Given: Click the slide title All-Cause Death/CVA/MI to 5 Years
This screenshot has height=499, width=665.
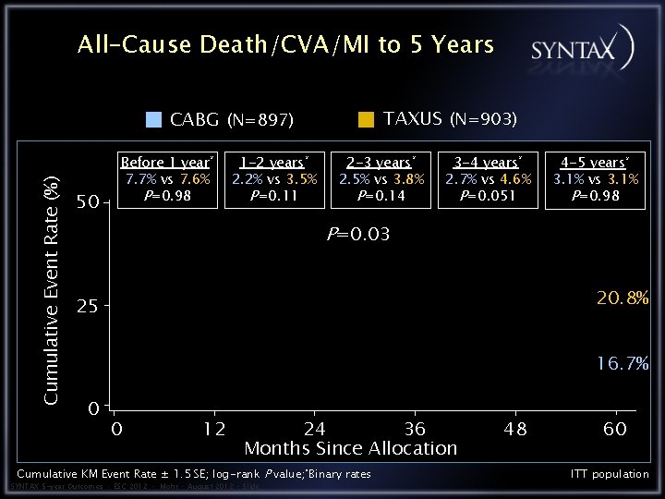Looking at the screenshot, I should coord(285,44).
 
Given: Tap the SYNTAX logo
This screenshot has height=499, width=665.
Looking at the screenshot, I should coord(581,47).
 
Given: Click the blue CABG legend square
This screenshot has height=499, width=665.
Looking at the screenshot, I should coord(155,119).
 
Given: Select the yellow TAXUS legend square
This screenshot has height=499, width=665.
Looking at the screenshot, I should coord(367,118).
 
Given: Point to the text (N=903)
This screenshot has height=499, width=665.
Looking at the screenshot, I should coord(483,118).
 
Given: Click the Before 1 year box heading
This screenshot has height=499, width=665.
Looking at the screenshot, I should coord(167,163).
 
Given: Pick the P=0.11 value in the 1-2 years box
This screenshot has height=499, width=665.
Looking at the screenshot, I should coord(274,196).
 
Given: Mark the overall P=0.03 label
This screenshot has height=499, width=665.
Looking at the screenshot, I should coord(358,235).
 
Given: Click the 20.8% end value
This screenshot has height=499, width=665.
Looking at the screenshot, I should coord(622,298).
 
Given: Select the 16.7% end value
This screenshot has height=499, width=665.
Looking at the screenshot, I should coord(622,364).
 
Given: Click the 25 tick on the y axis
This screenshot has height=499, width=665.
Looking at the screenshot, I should coord(87,306).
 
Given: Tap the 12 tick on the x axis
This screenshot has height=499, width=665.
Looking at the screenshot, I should coord(214,429).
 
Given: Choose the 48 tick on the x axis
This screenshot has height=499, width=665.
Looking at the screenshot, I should coord(515,429).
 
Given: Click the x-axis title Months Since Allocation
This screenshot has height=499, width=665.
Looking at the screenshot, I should coord(350,449).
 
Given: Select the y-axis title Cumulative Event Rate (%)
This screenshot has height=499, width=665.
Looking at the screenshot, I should coord(54,291).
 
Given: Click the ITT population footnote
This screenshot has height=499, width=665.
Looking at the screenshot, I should coord(610,474).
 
